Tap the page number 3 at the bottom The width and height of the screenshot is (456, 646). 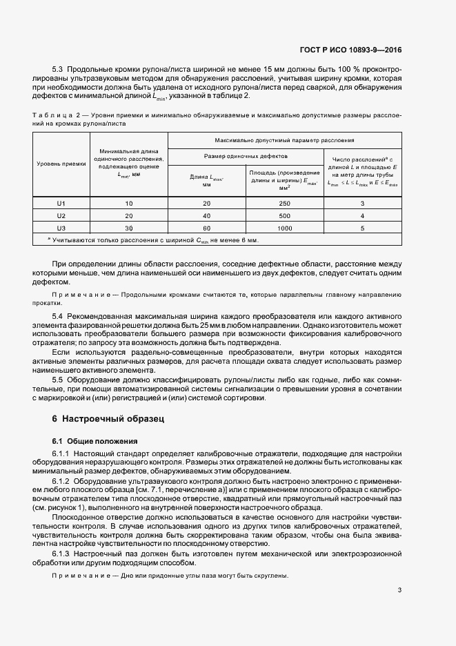399,589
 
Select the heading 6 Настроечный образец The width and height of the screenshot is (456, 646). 108,418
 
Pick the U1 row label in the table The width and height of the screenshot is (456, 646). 61,204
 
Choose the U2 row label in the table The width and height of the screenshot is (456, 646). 61,215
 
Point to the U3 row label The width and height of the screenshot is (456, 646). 61,227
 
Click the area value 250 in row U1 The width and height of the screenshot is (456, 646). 285,204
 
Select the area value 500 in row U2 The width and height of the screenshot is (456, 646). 285,215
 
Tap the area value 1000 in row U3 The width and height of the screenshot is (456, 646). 285,227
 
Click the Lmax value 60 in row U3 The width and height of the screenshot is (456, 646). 206,227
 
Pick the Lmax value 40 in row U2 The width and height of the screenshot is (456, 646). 206,215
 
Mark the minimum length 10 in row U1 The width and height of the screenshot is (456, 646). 128,204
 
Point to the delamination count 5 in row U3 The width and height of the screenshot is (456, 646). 362,227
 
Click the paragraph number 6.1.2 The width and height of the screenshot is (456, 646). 63,478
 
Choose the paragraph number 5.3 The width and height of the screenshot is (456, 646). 59,70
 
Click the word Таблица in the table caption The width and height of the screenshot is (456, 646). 52,115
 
